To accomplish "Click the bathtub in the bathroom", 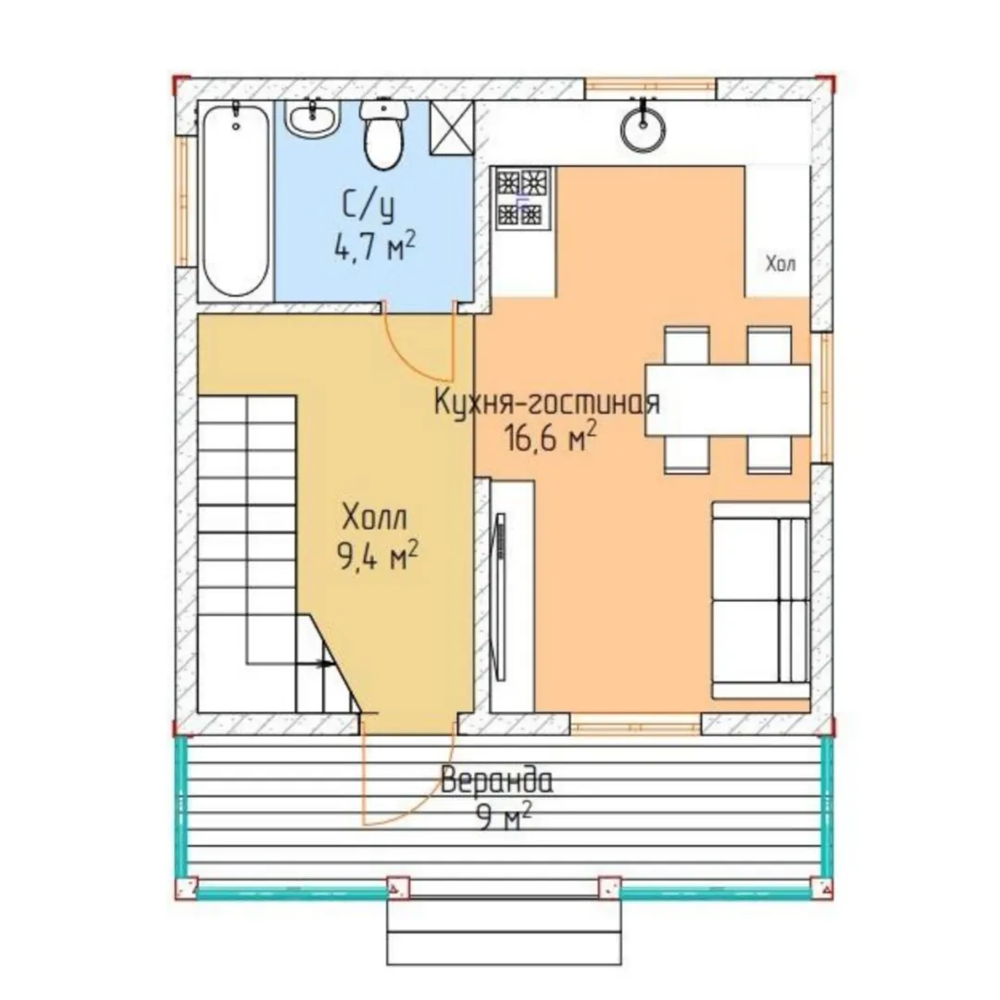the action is [x=236, y=200].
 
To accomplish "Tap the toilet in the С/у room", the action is [x=383, y=134].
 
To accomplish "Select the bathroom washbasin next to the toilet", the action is [x=312, y=118].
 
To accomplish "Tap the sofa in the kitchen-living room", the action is [x=761, y=600].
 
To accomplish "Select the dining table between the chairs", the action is [x=728, y=400].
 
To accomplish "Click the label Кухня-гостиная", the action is [x=546, y=403].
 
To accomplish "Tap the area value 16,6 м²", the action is [x=551, y=437].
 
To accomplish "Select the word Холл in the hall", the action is [x=374, y=518].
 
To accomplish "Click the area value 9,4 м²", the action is [x=378, y=556].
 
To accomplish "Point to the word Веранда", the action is [x=497, y=781].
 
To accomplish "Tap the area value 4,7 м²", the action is [x=375, y=245].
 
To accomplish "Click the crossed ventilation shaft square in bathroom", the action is [x=452, y=128].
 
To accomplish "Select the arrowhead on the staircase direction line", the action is [x=327, y=664].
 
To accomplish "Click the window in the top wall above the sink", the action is [x=651, y=87].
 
